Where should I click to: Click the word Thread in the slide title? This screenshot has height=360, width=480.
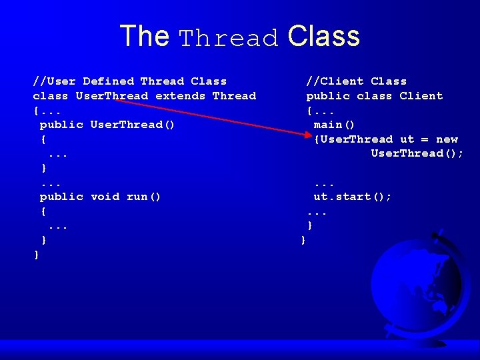(x=229, y=38)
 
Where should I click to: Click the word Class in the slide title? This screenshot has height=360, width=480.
(x=324, y=36)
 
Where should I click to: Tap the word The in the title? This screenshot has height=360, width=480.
(x=144, y=36)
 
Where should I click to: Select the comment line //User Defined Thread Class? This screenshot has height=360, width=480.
(x=130, y=81)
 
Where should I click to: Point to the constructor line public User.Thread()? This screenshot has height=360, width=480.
(x=107, y=125)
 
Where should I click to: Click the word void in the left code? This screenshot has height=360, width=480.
(x=105, y=197)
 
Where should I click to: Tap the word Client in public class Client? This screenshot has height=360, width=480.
(x=421, y=96)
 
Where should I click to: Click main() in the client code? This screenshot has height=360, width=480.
(x=335, y=125)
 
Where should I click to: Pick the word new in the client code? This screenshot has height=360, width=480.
(x=447, y=139)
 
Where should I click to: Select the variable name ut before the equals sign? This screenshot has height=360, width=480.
(x=407, y=139)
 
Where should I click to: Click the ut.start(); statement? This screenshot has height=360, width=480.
(x=353, y=197)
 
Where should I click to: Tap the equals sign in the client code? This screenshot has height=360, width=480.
(x=425, y=139)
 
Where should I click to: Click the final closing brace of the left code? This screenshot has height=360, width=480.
(x=37, y=255)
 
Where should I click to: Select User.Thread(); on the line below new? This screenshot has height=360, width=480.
(x=417, y=153)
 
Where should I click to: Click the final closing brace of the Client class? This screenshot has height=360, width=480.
(x=303, y=240)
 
